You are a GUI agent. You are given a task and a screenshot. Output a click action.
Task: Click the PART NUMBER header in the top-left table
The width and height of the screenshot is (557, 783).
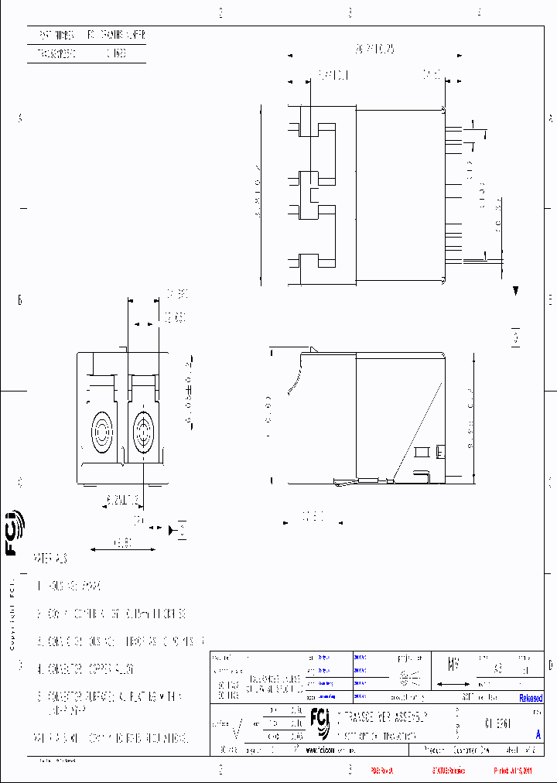point(56,36)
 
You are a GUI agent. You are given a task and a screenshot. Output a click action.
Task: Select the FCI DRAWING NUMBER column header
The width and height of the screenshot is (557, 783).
point(115,36)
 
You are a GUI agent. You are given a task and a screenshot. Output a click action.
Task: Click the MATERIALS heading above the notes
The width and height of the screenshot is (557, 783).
point(51,558)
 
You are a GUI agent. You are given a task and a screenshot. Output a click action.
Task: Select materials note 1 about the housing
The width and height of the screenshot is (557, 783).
point(70,586)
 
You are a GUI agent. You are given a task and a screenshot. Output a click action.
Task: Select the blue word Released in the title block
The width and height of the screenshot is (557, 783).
point(531,698)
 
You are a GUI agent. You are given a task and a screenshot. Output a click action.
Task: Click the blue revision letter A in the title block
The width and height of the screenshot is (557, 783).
point(538,735)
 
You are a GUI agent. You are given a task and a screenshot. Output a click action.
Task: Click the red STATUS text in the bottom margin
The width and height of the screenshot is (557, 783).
point(449,771)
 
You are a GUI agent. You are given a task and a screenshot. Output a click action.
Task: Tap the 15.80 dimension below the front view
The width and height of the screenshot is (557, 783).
point(114,544)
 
